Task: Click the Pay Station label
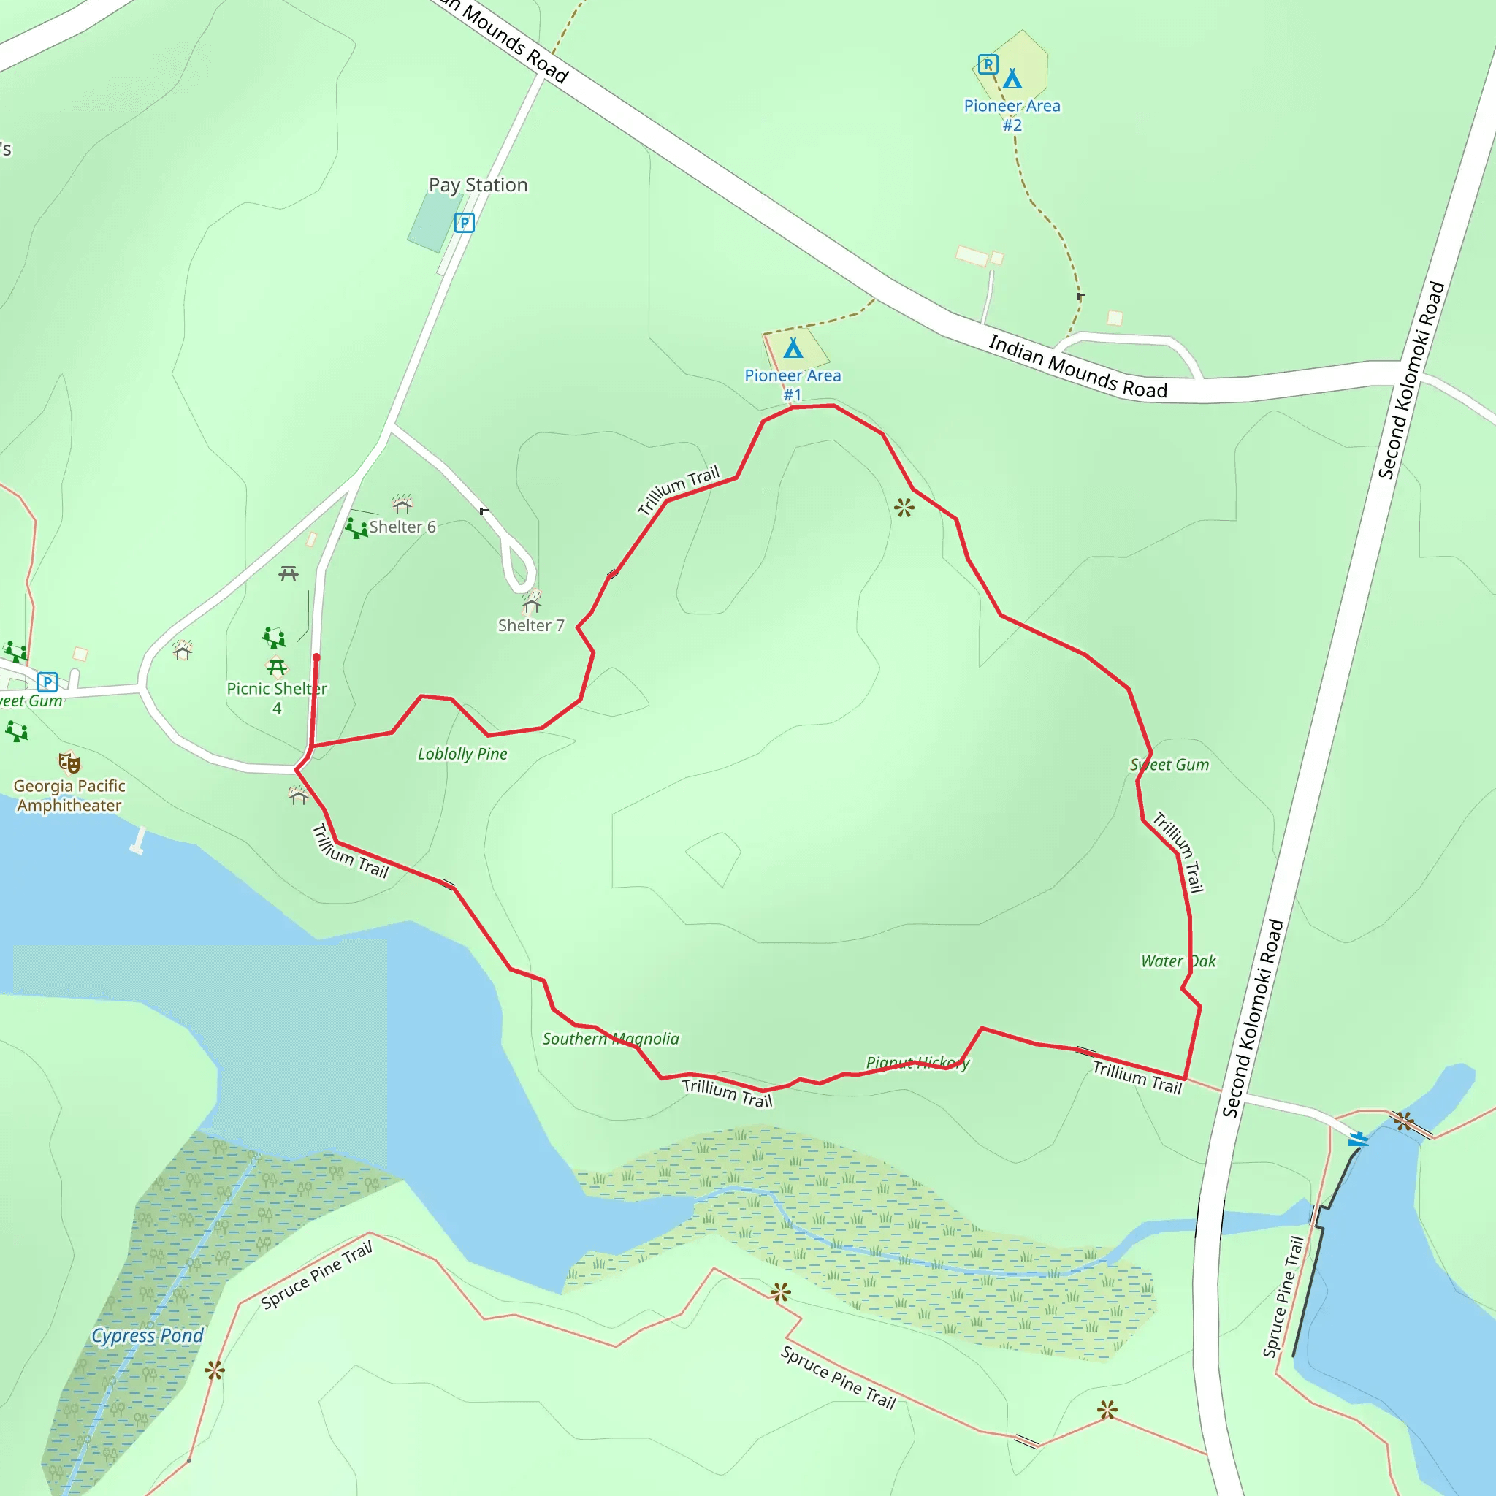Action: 478,185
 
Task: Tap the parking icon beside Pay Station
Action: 464,223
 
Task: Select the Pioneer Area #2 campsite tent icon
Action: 1012,79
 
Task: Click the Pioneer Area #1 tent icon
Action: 793,348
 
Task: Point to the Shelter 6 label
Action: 402,527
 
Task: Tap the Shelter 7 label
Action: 531,626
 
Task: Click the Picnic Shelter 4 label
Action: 277,698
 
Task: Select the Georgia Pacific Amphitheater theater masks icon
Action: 69,763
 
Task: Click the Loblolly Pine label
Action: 462,754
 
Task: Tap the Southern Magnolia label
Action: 611,1039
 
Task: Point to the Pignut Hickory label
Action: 917,1063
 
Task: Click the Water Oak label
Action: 1178,962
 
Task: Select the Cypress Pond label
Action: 147,1336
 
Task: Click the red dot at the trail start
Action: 316,657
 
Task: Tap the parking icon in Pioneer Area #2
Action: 988,64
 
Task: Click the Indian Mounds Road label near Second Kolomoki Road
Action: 1078,366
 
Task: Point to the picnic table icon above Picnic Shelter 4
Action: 277,667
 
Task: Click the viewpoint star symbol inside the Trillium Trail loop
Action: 904,508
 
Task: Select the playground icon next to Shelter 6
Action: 356,529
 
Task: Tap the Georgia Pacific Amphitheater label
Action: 69,796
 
